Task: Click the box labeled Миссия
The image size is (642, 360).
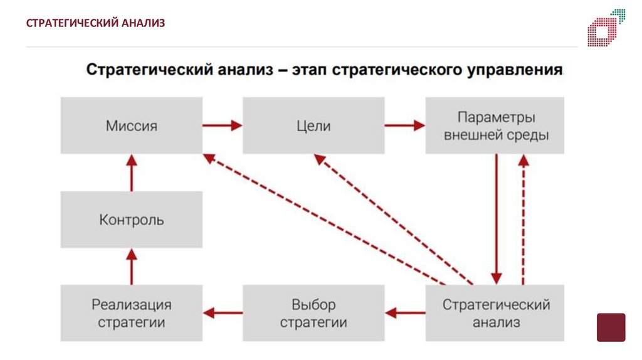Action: (x=132, y=125)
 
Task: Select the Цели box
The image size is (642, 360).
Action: (x=313, y=125)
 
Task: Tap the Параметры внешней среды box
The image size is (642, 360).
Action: (x=495, y=125)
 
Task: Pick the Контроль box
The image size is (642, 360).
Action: (x=132, y=220)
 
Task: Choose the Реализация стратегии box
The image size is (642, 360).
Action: (x=132, y=314)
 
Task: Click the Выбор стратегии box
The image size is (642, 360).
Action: (x=313, y=314)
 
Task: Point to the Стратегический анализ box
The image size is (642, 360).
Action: (x=495, y=314)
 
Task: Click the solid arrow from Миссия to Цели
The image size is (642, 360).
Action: (x=223, y=125)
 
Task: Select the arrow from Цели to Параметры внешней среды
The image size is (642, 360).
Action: (x=404, y=125)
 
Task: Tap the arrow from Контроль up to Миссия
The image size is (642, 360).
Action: (x=132, y=172)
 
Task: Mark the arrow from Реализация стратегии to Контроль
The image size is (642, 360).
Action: (x=132, y=267)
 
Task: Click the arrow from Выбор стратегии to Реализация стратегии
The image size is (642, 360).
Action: (x=223, y=312)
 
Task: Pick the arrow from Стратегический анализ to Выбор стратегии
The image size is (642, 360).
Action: (x=404, y=312)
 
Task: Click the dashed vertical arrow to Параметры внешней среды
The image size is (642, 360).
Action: (x=524, y=220)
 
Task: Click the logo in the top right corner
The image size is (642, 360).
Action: (x=606, y=28)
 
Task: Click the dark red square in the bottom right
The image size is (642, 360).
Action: (x=611, y=327)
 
